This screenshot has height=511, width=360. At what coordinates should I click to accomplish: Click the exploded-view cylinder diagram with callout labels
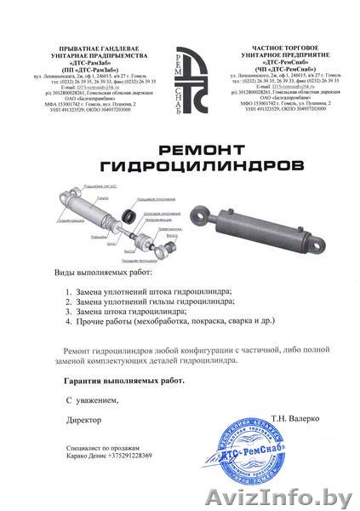(x=124, y=220)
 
